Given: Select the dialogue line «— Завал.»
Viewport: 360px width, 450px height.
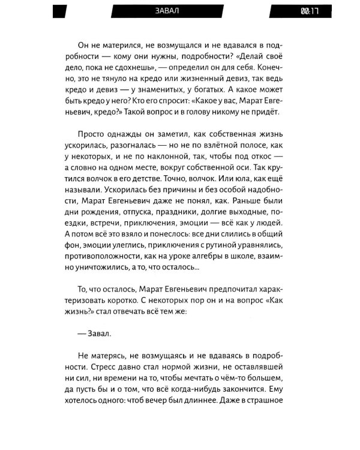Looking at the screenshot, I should tap(95, 331).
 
